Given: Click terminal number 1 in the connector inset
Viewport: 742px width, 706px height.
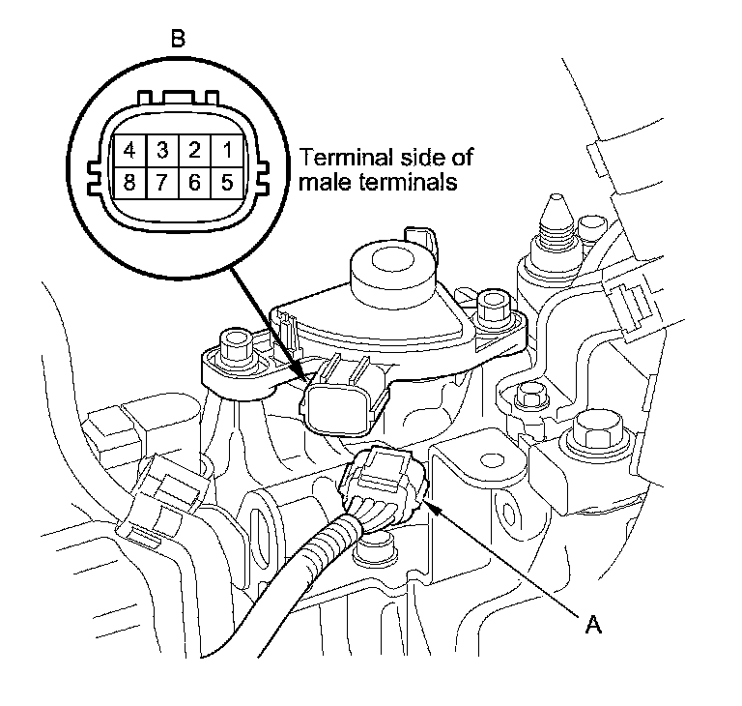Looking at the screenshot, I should pyautogui.click(x=225, y=151).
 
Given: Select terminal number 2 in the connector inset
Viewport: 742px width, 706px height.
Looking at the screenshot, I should pyautogui.click(x=194, y=151).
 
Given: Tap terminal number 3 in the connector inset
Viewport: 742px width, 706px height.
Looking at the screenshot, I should pyautogui.click(x=162, y=151).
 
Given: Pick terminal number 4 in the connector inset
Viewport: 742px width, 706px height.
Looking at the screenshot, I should pyautogui.click(x=130, y=151).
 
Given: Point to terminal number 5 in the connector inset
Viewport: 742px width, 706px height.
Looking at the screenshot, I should pyautogui.click(x=225, y=182).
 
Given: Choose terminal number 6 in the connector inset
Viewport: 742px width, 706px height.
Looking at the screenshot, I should pyautogui.click(x=194, y=182).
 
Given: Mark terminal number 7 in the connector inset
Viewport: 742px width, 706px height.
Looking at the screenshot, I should pyautogui.click(x=162, y=182).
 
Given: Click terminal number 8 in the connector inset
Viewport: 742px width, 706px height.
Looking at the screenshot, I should pyautogui.click(x=130, y=182).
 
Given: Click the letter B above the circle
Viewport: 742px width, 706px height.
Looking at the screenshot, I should pyautogui.click(x=178, y=40).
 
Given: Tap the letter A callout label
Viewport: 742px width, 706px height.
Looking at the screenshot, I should pyautogui.click(x=593, y=626).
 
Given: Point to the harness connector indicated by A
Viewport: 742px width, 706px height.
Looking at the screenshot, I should pyautogui.click(x=382, y=484).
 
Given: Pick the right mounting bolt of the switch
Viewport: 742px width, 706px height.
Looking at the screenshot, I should pyautogui.click(x=494, y=309).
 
